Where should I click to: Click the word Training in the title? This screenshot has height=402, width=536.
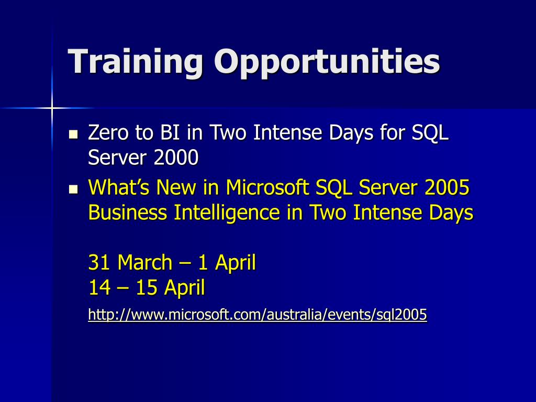click(136, 62)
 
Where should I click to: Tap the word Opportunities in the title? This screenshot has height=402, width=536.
click(327, 62)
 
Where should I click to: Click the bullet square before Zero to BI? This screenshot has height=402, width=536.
click(73, 134)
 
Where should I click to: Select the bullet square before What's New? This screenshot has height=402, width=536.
click(73, 189)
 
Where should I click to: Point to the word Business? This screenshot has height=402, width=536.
click(128, 213)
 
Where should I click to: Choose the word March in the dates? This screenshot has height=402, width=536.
click(144, 262)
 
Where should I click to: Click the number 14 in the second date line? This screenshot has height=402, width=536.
click(99, 287)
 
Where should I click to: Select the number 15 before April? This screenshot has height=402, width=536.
click(147, 287)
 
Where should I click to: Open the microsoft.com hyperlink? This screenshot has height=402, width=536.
click(258, 314)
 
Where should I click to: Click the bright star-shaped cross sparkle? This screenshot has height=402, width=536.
click(52, 108)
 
